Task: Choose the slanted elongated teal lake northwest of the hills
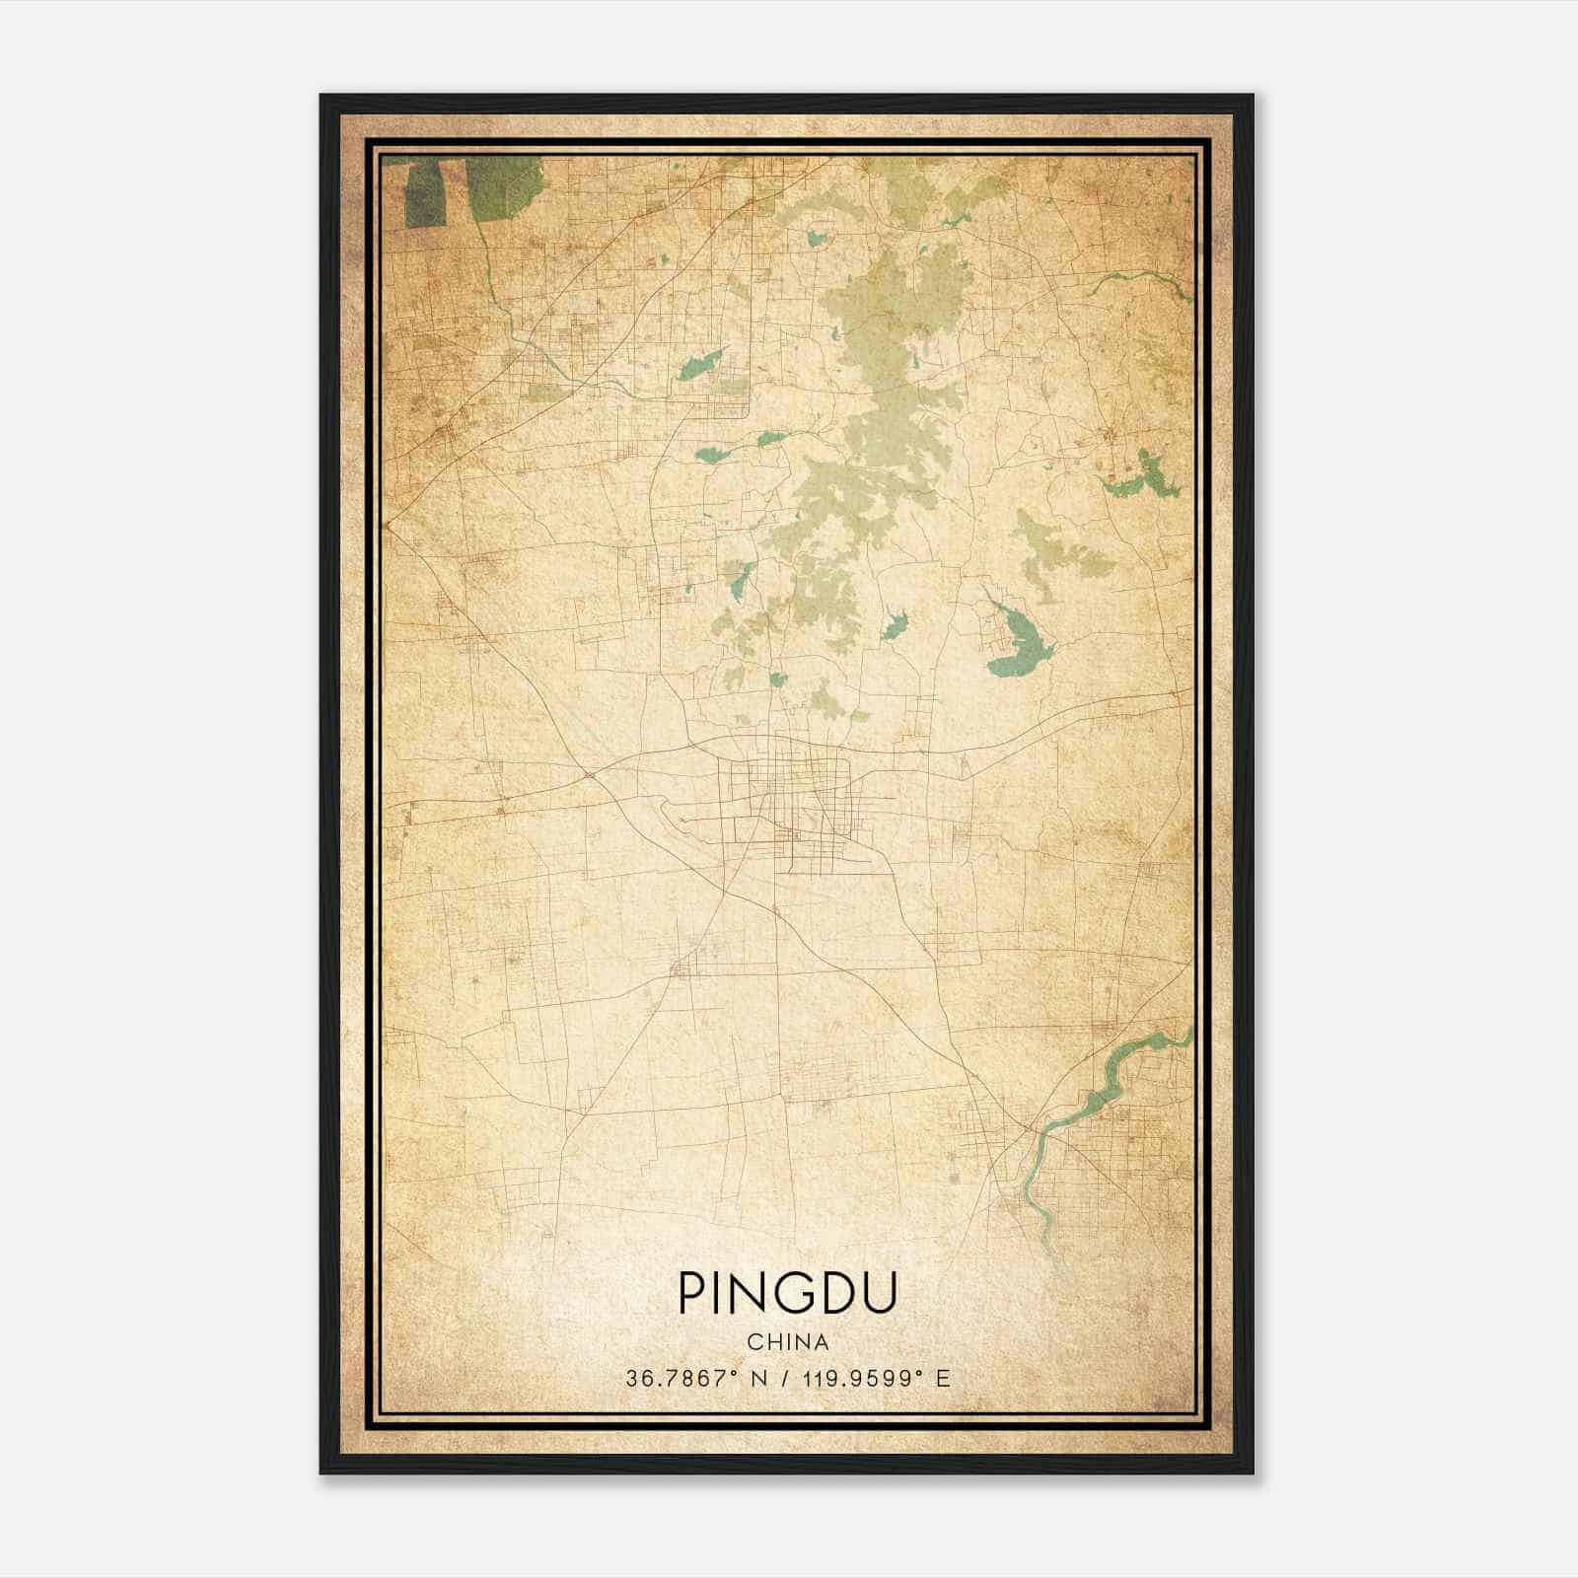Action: pyautogui.click(x=701, y=366)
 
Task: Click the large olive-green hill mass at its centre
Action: pyautogui.click(x=888, y=414)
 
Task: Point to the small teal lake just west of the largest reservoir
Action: pyautogui.click(x=895, y=625)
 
